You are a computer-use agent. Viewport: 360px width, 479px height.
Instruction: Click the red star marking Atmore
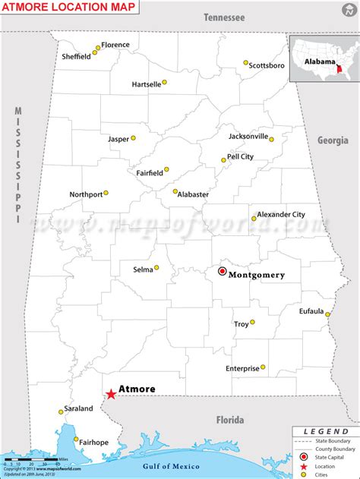pyautogui.click(x=111, y=394)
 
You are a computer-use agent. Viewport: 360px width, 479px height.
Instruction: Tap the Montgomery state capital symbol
pyautogui.click(x=223, y=271)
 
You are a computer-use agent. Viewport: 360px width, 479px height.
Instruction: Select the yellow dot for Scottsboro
pyautogui.click(x=246, y=63)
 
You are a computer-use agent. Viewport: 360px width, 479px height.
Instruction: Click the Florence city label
pyautogui.click(x=115, y=45)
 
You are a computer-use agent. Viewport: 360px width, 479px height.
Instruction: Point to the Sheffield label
pyautogui.click(x=76, y=57)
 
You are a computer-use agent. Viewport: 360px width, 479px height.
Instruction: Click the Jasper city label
pyautogui.click(x=118, y=139)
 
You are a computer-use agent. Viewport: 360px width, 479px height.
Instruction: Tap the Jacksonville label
pyautogui.click(x=248, y=137)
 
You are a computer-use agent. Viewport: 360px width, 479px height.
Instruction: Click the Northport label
pyautogui.click(x=86, y=194)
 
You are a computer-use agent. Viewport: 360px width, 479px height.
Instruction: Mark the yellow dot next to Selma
pyautogui.click(x=156, y=267)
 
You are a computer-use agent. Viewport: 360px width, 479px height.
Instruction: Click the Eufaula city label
pyautogui.click(x=311, y=310)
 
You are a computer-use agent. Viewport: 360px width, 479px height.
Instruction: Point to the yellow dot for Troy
pyautogui.click(x=253, y=322)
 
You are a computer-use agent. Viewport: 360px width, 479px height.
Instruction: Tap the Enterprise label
pyautogui.click(x=242, y=368)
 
